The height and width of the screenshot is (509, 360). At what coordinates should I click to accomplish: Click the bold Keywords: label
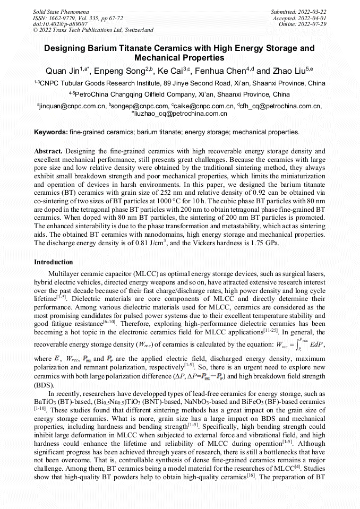pyautogui.click(x=50, y=131)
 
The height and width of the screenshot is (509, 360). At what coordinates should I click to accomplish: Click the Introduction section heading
pyautogui.click(x=54, y=262)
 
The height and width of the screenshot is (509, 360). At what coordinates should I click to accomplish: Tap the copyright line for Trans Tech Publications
pyautogui.click(x=93, y=30)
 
